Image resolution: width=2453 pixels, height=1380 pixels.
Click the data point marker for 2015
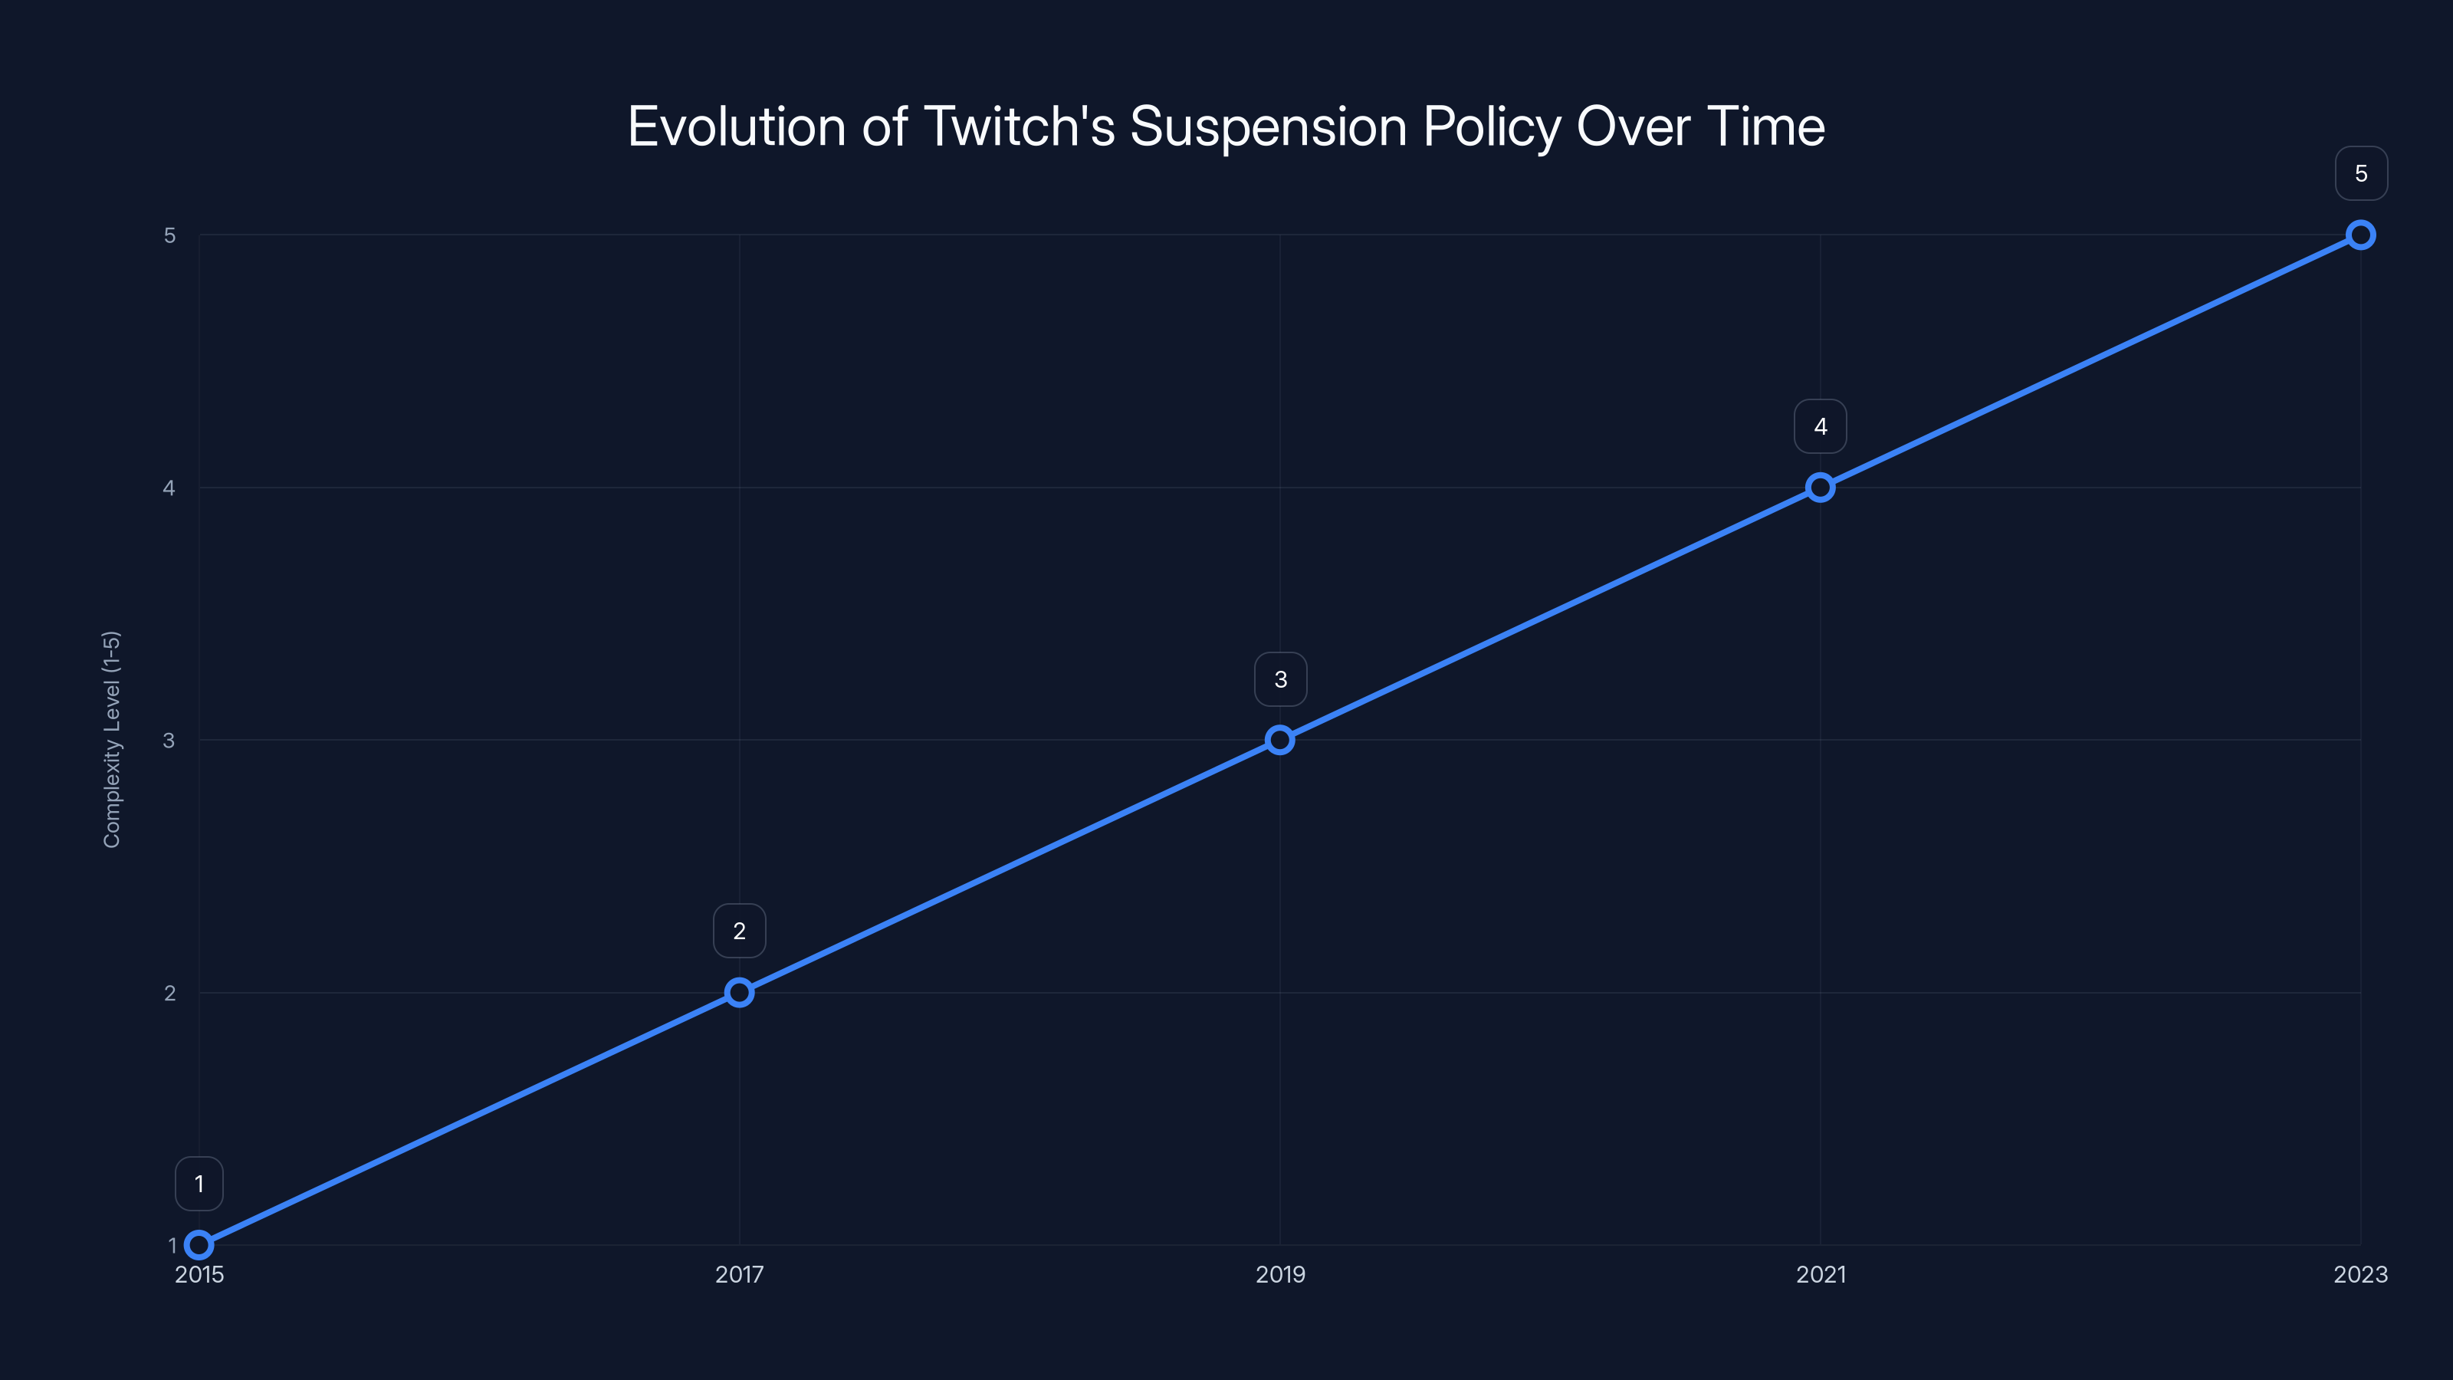199,1245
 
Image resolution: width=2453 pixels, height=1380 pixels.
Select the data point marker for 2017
739,992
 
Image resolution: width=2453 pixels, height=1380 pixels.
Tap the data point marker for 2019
1280,740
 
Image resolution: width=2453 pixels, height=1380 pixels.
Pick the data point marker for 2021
1820,488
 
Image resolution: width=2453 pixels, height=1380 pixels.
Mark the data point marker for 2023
2361,235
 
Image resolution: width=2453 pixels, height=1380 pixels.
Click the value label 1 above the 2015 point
199,1184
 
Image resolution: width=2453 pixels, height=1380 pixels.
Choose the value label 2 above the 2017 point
739,931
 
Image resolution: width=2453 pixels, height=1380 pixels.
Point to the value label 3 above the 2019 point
1280,679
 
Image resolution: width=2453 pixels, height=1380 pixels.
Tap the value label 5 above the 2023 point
2361,173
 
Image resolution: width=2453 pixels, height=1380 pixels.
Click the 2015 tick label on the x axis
199,1274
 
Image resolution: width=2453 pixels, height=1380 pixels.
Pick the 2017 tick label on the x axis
739,1274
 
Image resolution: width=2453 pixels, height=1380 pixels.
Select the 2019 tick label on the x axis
1280,1274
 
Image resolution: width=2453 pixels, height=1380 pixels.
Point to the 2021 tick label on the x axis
1820,1274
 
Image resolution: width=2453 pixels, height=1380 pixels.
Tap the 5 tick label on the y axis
169,235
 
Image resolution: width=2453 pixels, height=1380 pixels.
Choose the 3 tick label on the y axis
169,740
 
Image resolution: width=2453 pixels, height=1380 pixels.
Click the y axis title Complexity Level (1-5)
113,739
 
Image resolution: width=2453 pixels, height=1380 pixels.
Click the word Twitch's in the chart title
1018,127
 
